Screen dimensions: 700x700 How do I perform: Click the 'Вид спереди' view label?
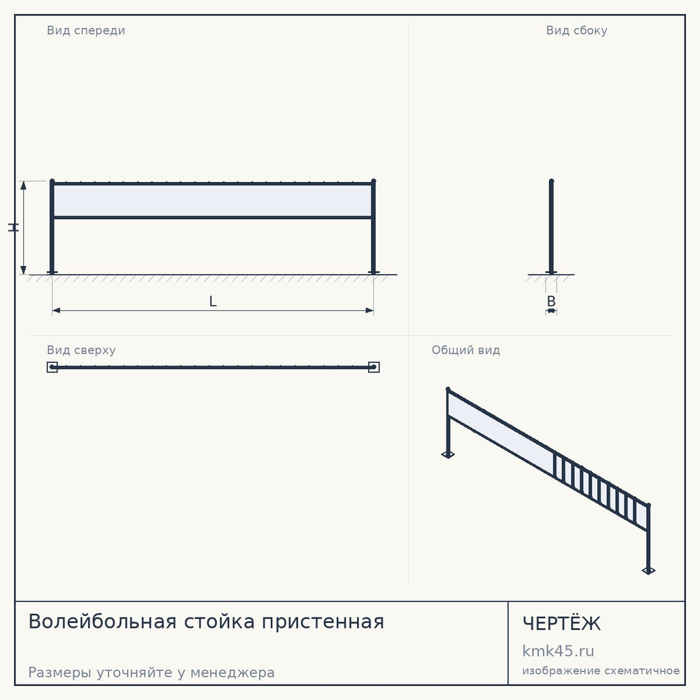click(x=85, y=30)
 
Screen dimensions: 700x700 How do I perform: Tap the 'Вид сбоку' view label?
click(x=576, y=30)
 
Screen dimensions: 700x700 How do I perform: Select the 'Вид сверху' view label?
click(x=81, y=350)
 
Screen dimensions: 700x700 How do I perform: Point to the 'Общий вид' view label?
click(x=465, y=350)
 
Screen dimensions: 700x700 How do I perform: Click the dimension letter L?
click(x=213, y=301)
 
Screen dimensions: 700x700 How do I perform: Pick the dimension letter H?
click(x=14, y=227)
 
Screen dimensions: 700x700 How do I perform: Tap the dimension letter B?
click(x=552, y=301)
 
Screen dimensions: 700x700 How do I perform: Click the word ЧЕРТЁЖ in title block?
click(x=561, y=623)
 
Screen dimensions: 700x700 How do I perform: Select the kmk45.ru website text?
click(x=558, y=651)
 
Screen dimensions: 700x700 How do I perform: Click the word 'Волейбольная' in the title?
click(x=102, y=622)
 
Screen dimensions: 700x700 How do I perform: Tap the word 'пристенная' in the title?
click(x=323, y=622)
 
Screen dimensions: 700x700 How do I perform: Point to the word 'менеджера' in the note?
click(x=232, y=672)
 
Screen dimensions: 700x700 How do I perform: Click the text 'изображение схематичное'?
click(x=601, y=671)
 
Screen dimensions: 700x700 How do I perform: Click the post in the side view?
click(x=552, y=227)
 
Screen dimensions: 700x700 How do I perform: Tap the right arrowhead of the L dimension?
click(x=369, y=310)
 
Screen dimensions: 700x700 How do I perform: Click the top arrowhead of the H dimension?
click(x=24, y=185)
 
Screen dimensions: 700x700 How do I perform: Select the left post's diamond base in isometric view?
click(x=448, y=455)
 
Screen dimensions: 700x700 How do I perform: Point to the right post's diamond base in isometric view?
click(x=649, y=570)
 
